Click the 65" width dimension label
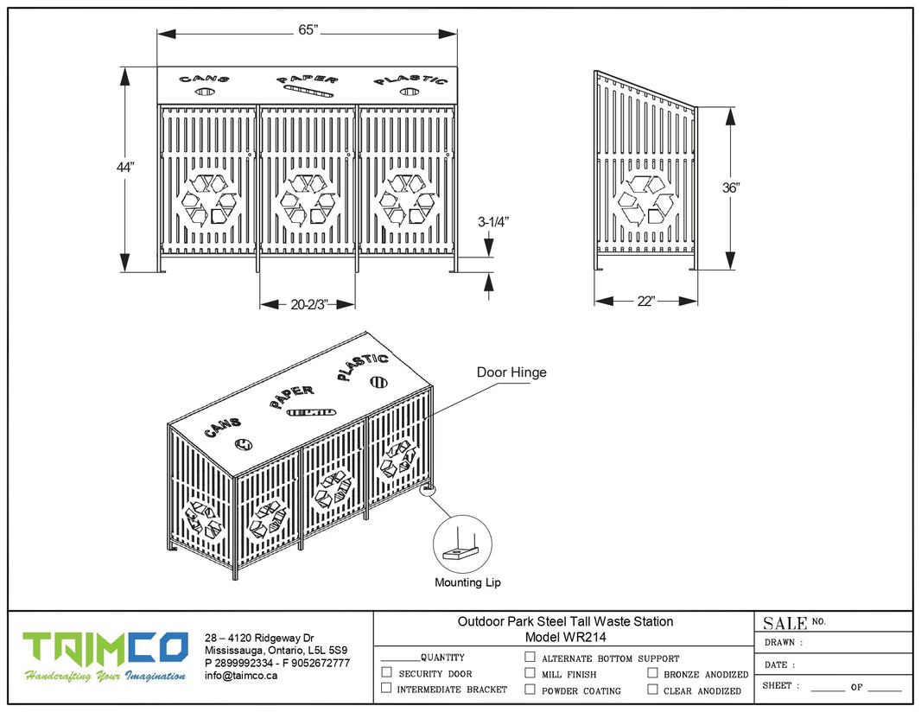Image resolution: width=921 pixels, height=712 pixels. click(308, 30)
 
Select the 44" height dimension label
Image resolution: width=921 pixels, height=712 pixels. click(126, 168)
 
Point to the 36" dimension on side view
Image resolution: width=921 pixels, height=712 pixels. click(731, 187)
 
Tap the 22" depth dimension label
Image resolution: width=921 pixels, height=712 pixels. click(646, 301)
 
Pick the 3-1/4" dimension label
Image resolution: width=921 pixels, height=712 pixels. click(492, 221)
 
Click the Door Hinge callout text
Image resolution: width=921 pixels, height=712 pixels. click(511, 372)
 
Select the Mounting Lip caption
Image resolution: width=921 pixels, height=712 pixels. click(467, 582)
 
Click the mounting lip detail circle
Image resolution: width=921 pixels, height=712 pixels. click(461, 545)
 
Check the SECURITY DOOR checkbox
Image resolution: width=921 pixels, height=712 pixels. click(387, 672)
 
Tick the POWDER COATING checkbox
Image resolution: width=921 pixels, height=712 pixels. click(530, 690)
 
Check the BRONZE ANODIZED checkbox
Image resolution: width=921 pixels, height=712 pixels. click(652, 672)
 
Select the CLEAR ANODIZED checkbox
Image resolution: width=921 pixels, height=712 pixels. click(652, 690)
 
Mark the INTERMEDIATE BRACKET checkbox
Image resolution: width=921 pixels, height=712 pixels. click(387, 688)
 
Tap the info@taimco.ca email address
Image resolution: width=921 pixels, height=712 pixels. click(241, 676)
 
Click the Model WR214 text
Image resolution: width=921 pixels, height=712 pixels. click(565, 638)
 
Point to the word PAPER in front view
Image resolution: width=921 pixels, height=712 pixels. click(308, 79)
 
